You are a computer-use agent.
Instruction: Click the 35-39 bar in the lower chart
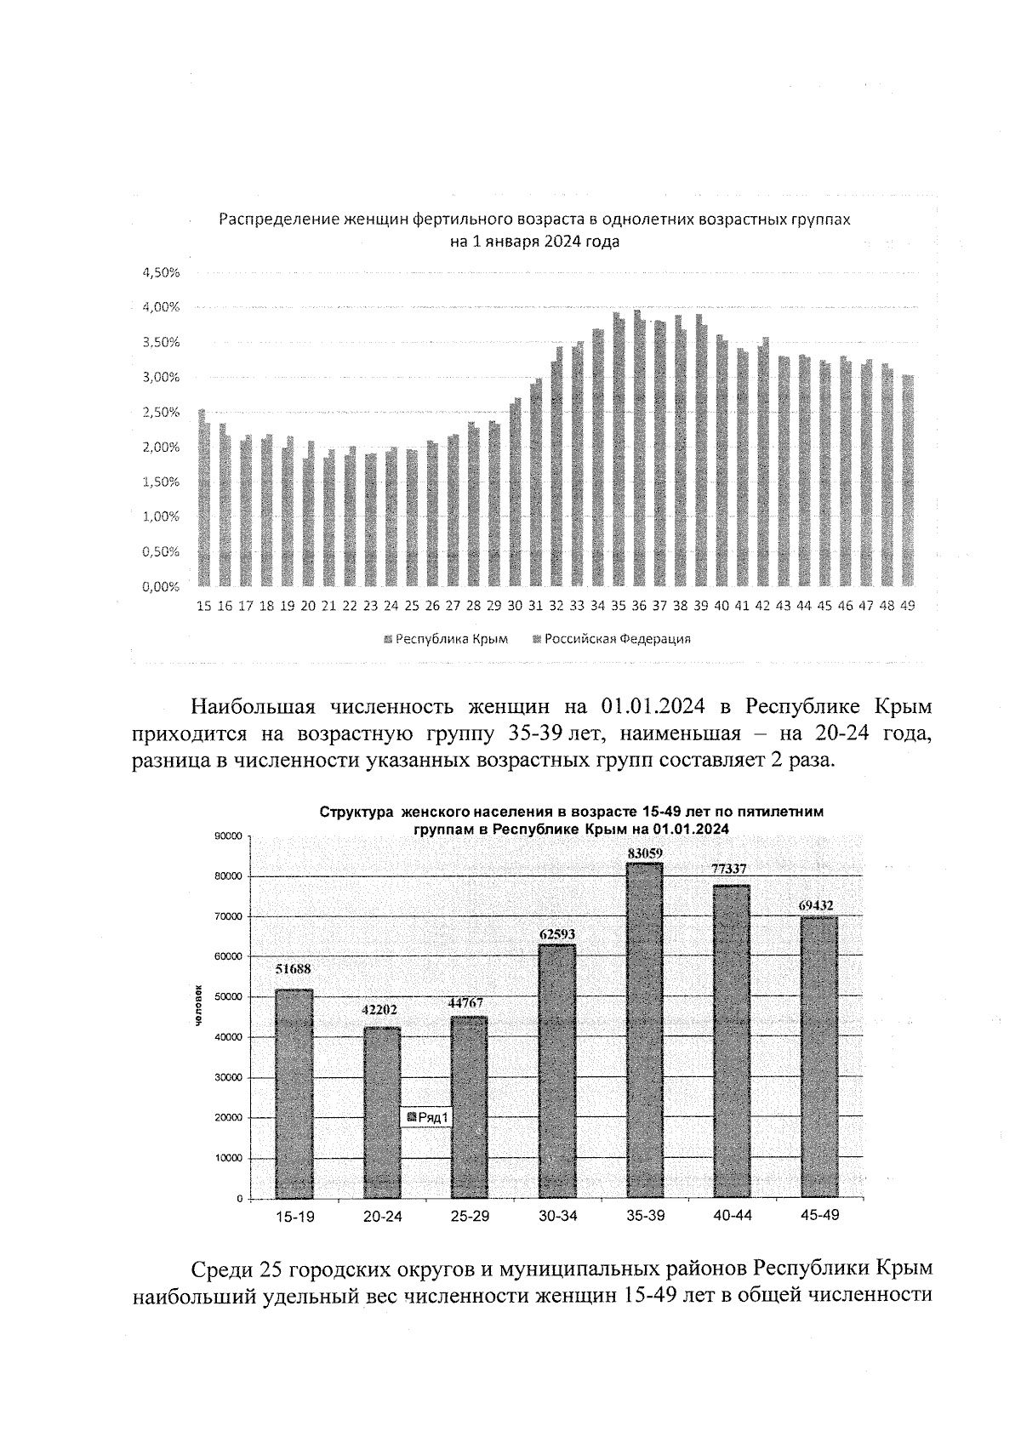[645, 1029]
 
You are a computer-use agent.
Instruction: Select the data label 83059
[645, 853]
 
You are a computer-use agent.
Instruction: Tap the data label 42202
[382, 1009]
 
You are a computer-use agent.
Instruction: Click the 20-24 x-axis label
[382, 1217]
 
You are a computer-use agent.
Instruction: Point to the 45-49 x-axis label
[820, 1215]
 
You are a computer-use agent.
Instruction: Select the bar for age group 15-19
[294, 1093]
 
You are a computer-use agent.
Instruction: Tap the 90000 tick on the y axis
[229, 836]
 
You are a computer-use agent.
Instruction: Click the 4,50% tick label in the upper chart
[161, 272]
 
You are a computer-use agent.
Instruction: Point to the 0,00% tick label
[161, 587]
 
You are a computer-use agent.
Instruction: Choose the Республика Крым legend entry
[446, 639]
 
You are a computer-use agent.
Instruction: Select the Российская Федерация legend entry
[611, 639]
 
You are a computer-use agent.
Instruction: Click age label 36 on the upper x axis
[638, 607]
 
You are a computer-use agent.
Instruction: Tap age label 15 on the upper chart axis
[203, 607]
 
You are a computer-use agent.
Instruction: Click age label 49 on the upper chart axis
[907, 607]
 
